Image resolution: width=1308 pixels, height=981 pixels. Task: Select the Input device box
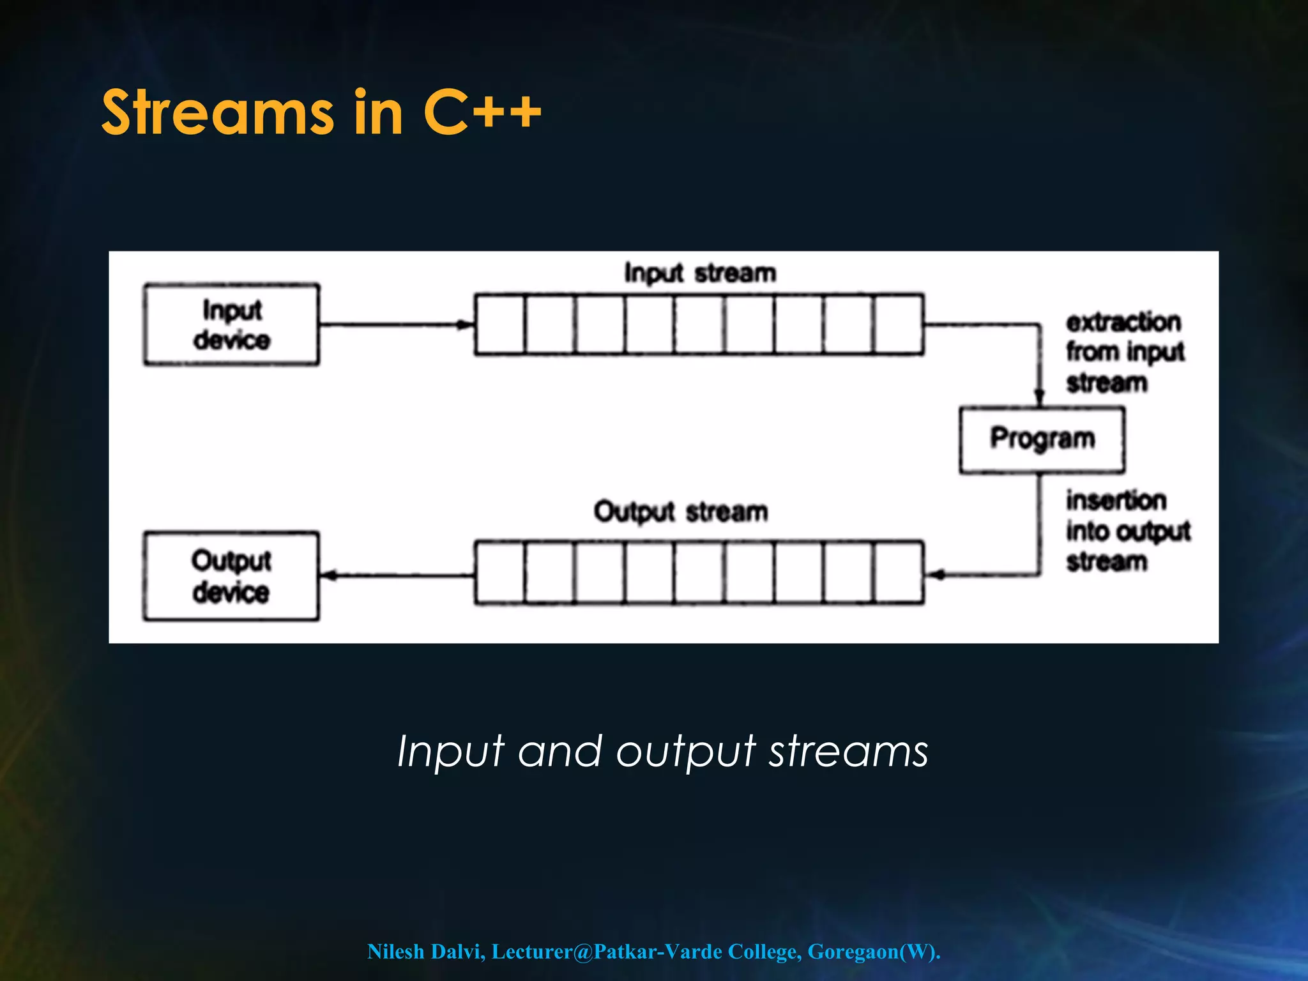(x=231, y=324)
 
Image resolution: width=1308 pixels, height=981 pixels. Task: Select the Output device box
(x=231, y=576)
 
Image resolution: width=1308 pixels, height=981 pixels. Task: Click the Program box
(x=1042, y=439)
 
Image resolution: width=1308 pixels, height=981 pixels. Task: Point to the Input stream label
(x=700, y=273)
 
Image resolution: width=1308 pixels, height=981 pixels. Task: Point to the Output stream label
(x=681, y=512)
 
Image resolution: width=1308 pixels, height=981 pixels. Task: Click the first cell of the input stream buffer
(x=500, y=324)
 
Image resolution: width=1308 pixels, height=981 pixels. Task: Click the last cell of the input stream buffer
(x=899, y=324)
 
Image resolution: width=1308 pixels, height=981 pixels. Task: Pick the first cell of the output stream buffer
(x=500, y=573)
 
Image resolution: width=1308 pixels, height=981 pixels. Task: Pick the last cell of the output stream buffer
(x=899, y=573)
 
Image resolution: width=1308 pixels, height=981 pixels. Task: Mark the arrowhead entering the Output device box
(x=328, y=575)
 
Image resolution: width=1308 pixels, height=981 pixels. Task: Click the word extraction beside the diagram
(x=1123, y=322)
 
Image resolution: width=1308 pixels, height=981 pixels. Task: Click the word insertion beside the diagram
(x=1116, y=501)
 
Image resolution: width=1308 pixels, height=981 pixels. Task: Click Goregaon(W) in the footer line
(x=872, y=952)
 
